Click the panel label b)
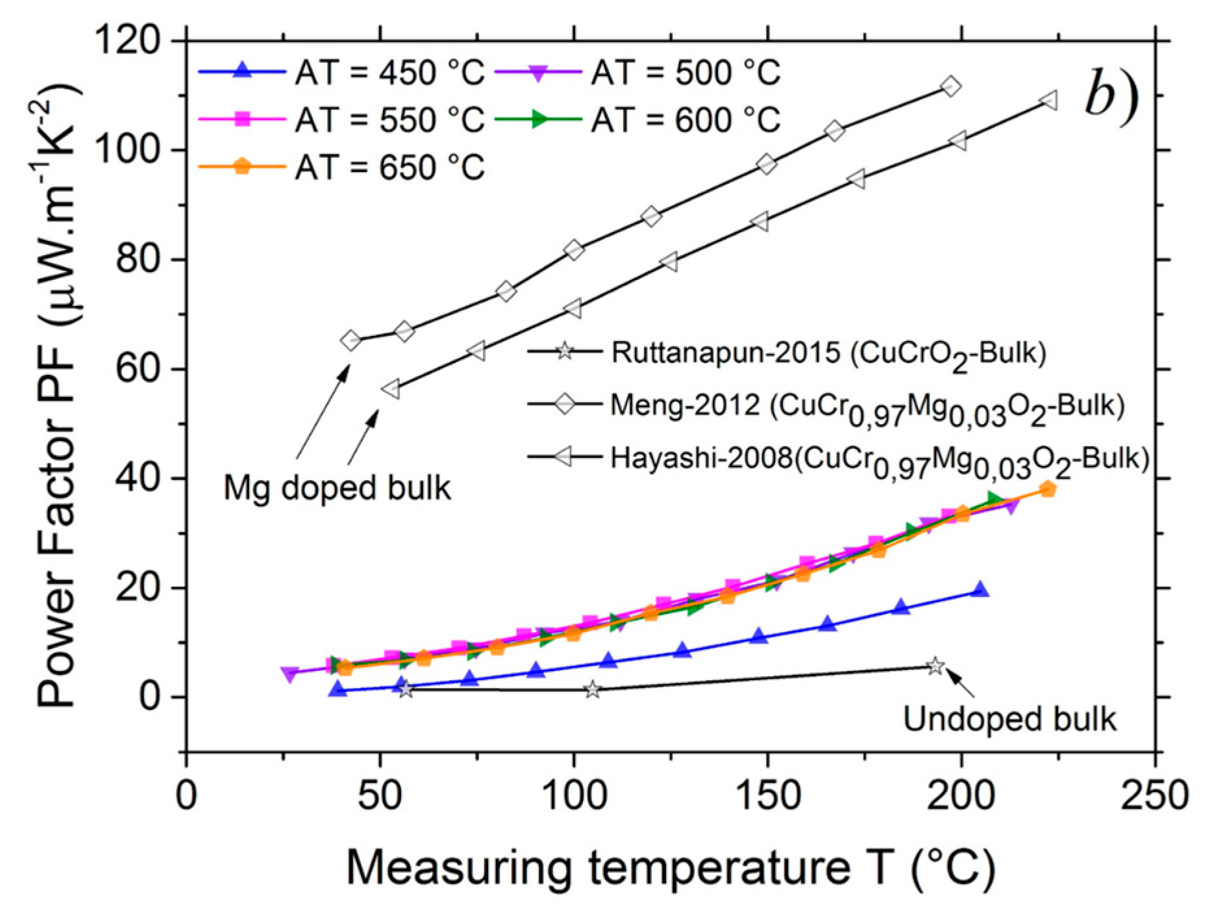(1111, 97)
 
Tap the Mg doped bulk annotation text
(336, 488)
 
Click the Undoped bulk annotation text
(1009, 719)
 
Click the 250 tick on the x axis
(1154, 795)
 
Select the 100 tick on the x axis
(573, 795)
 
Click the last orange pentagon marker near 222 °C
(1047, 489)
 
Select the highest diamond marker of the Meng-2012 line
(950, 86)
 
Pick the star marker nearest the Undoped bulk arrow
(935, 667)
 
